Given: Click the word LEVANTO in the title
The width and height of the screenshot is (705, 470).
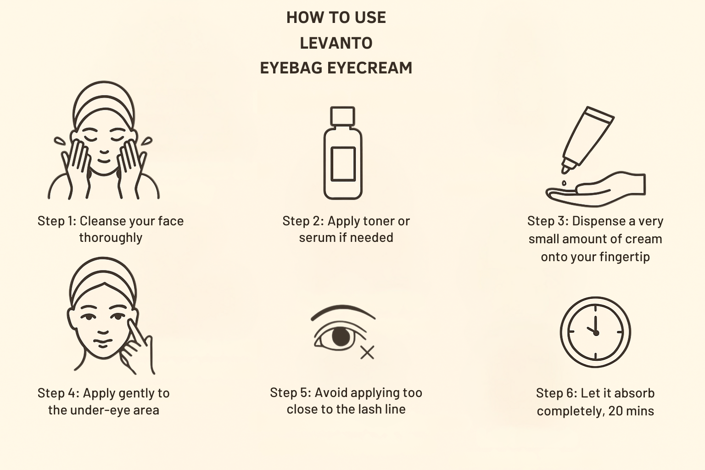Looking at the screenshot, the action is pyautogui.click(x=336, y=43).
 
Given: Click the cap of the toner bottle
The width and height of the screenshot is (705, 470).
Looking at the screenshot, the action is pyautogui.click(x=342, y=116).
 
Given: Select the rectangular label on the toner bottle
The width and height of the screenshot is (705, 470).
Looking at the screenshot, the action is pyautogui.click(x=343, y=164).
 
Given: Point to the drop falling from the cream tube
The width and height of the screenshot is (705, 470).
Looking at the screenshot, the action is pyautogui.click(x=564, y=183).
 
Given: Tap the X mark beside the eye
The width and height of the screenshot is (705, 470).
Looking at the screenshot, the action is pyautogui.click(x=367, y=352).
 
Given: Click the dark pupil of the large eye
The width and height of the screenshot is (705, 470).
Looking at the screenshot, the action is pyautogui.click(x=341, y=336).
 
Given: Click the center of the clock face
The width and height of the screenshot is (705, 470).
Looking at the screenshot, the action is pyautogui.click(x=595, y=332).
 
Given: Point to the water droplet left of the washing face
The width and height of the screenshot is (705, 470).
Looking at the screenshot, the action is pyautogui.click(x=60, y=141).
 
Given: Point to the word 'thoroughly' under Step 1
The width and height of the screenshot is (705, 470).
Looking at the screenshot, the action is pyautogui.click(x=111, y=238).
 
